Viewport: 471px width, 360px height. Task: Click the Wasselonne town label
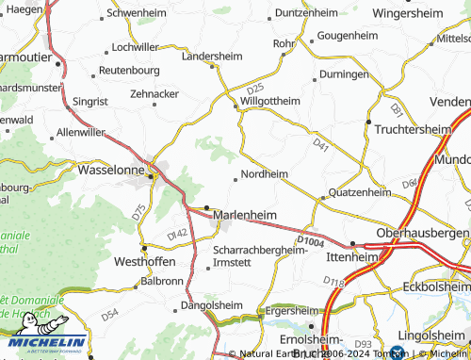(x=117, y=172)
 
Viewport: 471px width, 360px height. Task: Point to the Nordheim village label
(x=264, y=174)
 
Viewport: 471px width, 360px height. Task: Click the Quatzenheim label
(x=359, y=192)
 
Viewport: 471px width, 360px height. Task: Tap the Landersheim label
(x=211, y=56)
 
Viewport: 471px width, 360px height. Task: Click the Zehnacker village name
(x=154, y=95)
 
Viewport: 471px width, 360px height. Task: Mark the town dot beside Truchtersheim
(x=367, y=121)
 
